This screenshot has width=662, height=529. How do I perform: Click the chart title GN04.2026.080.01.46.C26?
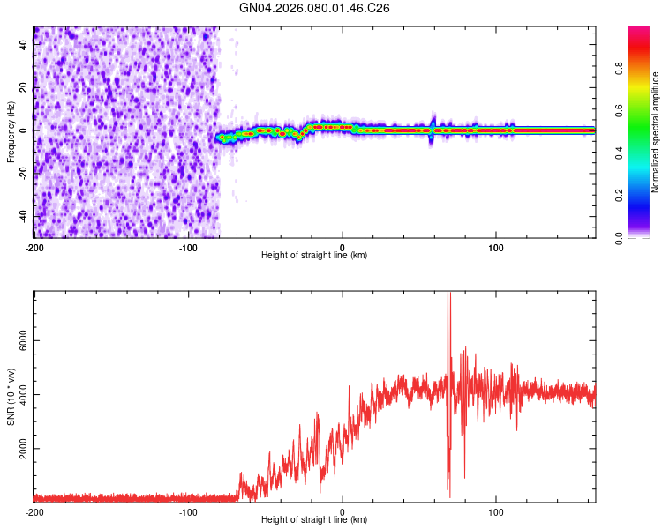[315, 8]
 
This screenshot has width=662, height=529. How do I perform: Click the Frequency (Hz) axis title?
[11, 132]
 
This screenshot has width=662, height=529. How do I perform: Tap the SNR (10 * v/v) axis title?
[11, 397]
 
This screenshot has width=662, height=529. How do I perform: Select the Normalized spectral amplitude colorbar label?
[656, 132]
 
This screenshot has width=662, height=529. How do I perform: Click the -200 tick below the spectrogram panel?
[34, 246]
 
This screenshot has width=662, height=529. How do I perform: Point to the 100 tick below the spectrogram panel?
[496, 246]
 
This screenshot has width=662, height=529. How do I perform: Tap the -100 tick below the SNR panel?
[188, 511]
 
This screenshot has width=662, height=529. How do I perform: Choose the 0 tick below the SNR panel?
[342, 511]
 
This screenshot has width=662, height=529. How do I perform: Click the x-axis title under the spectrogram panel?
[314, 256]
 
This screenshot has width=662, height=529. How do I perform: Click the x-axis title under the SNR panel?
[314, 521]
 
